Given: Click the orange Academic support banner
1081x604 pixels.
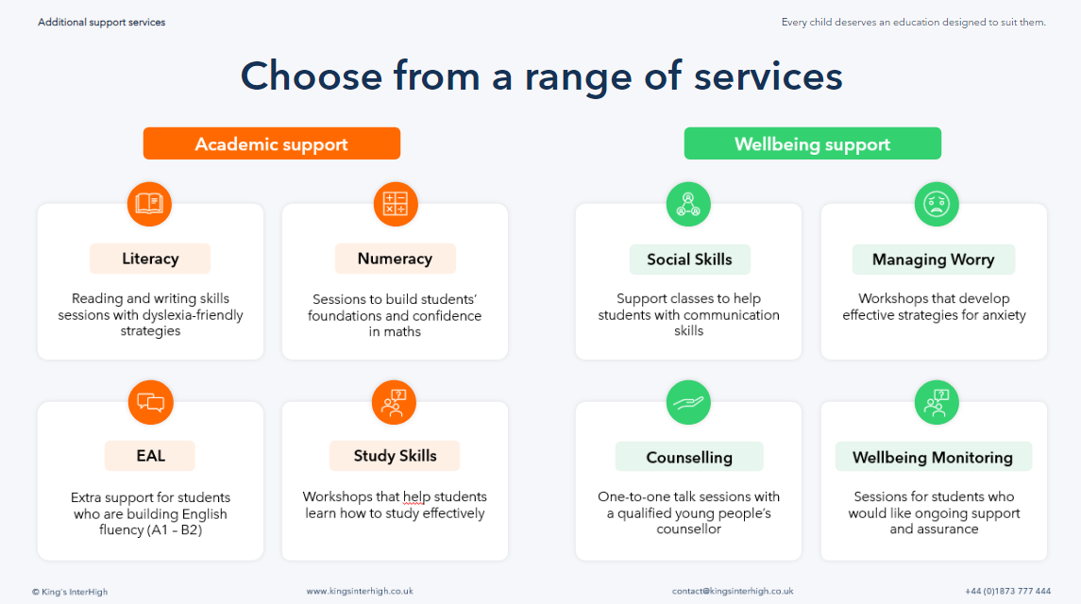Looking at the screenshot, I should pyautogui.click(x=272, y=144).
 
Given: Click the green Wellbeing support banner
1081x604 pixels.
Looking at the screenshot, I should pyautogui.click(x=812, y=144).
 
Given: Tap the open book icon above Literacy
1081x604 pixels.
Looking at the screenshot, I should pyautogui.click(x=149, y=204).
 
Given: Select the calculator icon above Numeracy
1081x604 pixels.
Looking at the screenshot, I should pyautogui.click(x=395, y=204).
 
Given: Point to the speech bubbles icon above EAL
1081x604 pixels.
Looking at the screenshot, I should pyautogui.click(x=149, y=403).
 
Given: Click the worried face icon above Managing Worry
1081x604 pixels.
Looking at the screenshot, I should pyautogui.click(x=936, y=204).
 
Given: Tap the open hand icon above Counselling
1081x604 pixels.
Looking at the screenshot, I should pyautogui.click(x=688, y=403).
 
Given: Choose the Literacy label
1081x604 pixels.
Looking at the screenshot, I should pyautogui.click(x=150, y=259).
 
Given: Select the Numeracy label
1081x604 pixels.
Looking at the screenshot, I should pyautogui.click(x=395, y=259).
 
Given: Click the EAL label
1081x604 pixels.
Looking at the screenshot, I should pyautogui.click(x=150, y=456).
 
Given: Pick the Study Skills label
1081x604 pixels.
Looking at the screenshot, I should pyautogui.click(x=395, y=456).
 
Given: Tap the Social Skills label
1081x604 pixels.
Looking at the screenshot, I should pyautogui.click(x=689, y=260).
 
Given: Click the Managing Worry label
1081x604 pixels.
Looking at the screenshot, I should pyautogui.click(x=933, y=260).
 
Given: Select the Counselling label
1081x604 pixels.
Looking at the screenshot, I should pyautogui.click(x=689, y=458).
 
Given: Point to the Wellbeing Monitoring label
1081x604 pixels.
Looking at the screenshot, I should pyautogui.click(x=933, y=458).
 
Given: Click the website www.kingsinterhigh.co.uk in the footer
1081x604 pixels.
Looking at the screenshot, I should pyautogui.click(x=360, y=592).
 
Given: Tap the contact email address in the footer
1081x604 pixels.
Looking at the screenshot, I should pyautogui.click(x=733, y=592).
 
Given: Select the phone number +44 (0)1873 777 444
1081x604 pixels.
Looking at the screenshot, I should pyautogui.click(x=1007, y=592).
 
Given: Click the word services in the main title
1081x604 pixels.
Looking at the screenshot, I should pyautogui.click(x=769, y=76).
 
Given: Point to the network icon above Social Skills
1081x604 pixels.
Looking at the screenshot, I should pyautogui.click(x=688, y=204).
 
